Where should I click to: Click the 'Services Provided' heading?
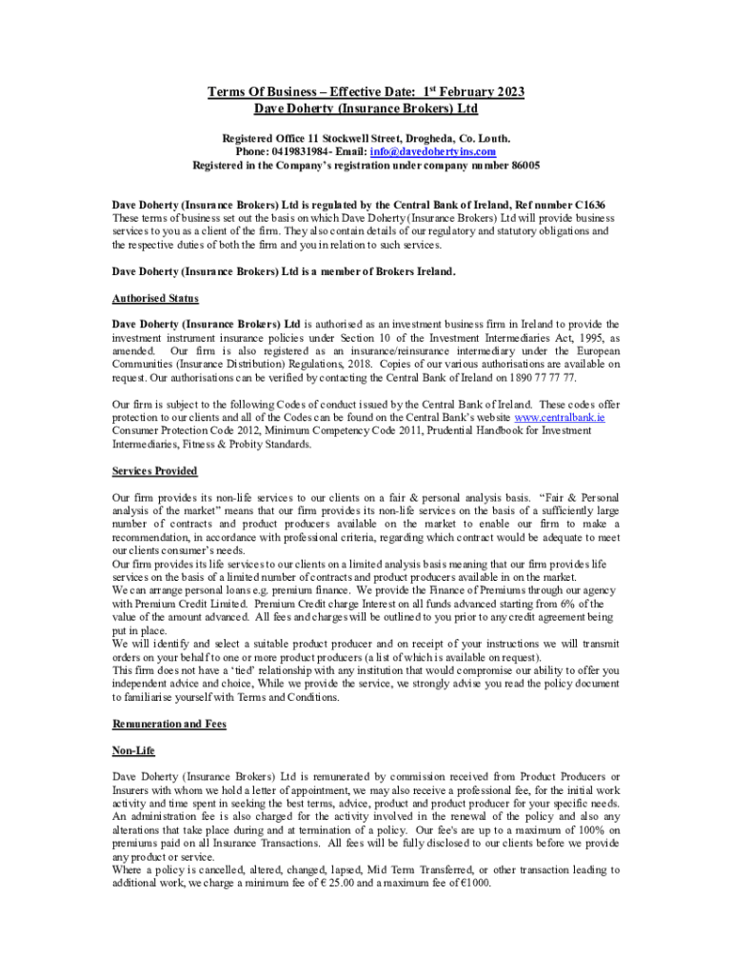pyautogui.click(x=155, y=470)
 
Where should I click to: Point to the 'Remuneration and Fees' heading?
pyautogui.click(x=168, y=724)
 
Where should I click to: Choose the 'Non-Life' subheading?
pyautogui.click(x=133, y=751)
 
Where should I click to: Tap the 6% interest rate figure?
pyautogui.click(x=565, y=604)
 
